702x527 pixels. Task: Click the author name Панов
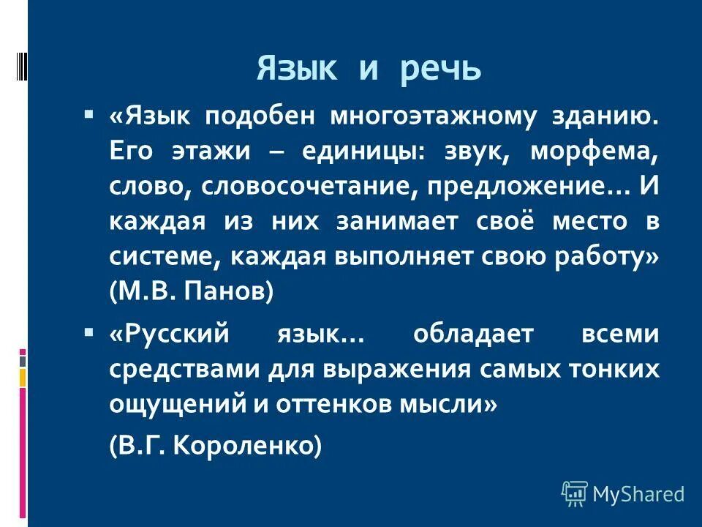[x=227, y=291]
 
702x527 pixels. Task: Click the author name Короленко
[x=246, y=446]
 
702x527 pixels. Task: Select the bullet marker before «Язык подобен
[x=88, y=115]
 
